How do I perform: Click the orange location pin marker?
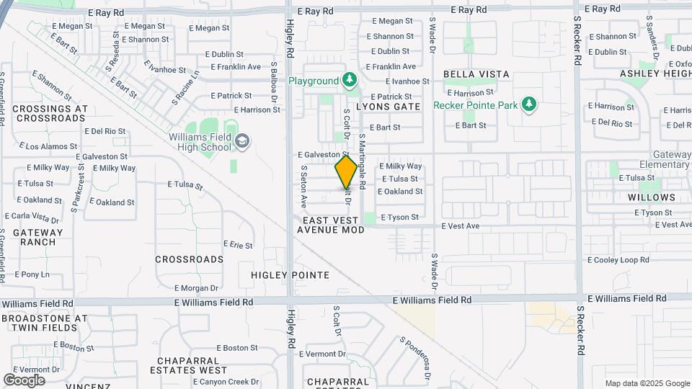[x=346, y=172]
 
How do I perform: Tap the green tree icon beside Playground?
[x=350, y=79]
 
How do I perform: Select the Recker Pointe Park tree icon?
[x=529, y=104]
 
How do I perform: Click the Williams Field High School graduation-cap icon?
[x=243, y=141]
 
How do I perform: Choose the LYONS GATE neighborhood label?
[x=388, y=106]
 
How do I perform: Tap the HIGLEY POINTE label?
[x=290, y=275]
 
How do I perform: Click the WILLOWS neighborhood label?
[x=652, y=197]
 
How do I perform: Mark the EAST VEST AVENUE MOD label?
[x=330, y=225]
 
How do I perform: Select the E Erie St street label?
[x=238, y=246]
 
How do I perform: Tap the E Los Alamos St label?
[x=51, y=146]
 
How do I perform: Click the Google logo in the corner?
[x=24, y=380]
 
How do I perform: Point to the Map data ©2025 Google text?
[x=647, y=383]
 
